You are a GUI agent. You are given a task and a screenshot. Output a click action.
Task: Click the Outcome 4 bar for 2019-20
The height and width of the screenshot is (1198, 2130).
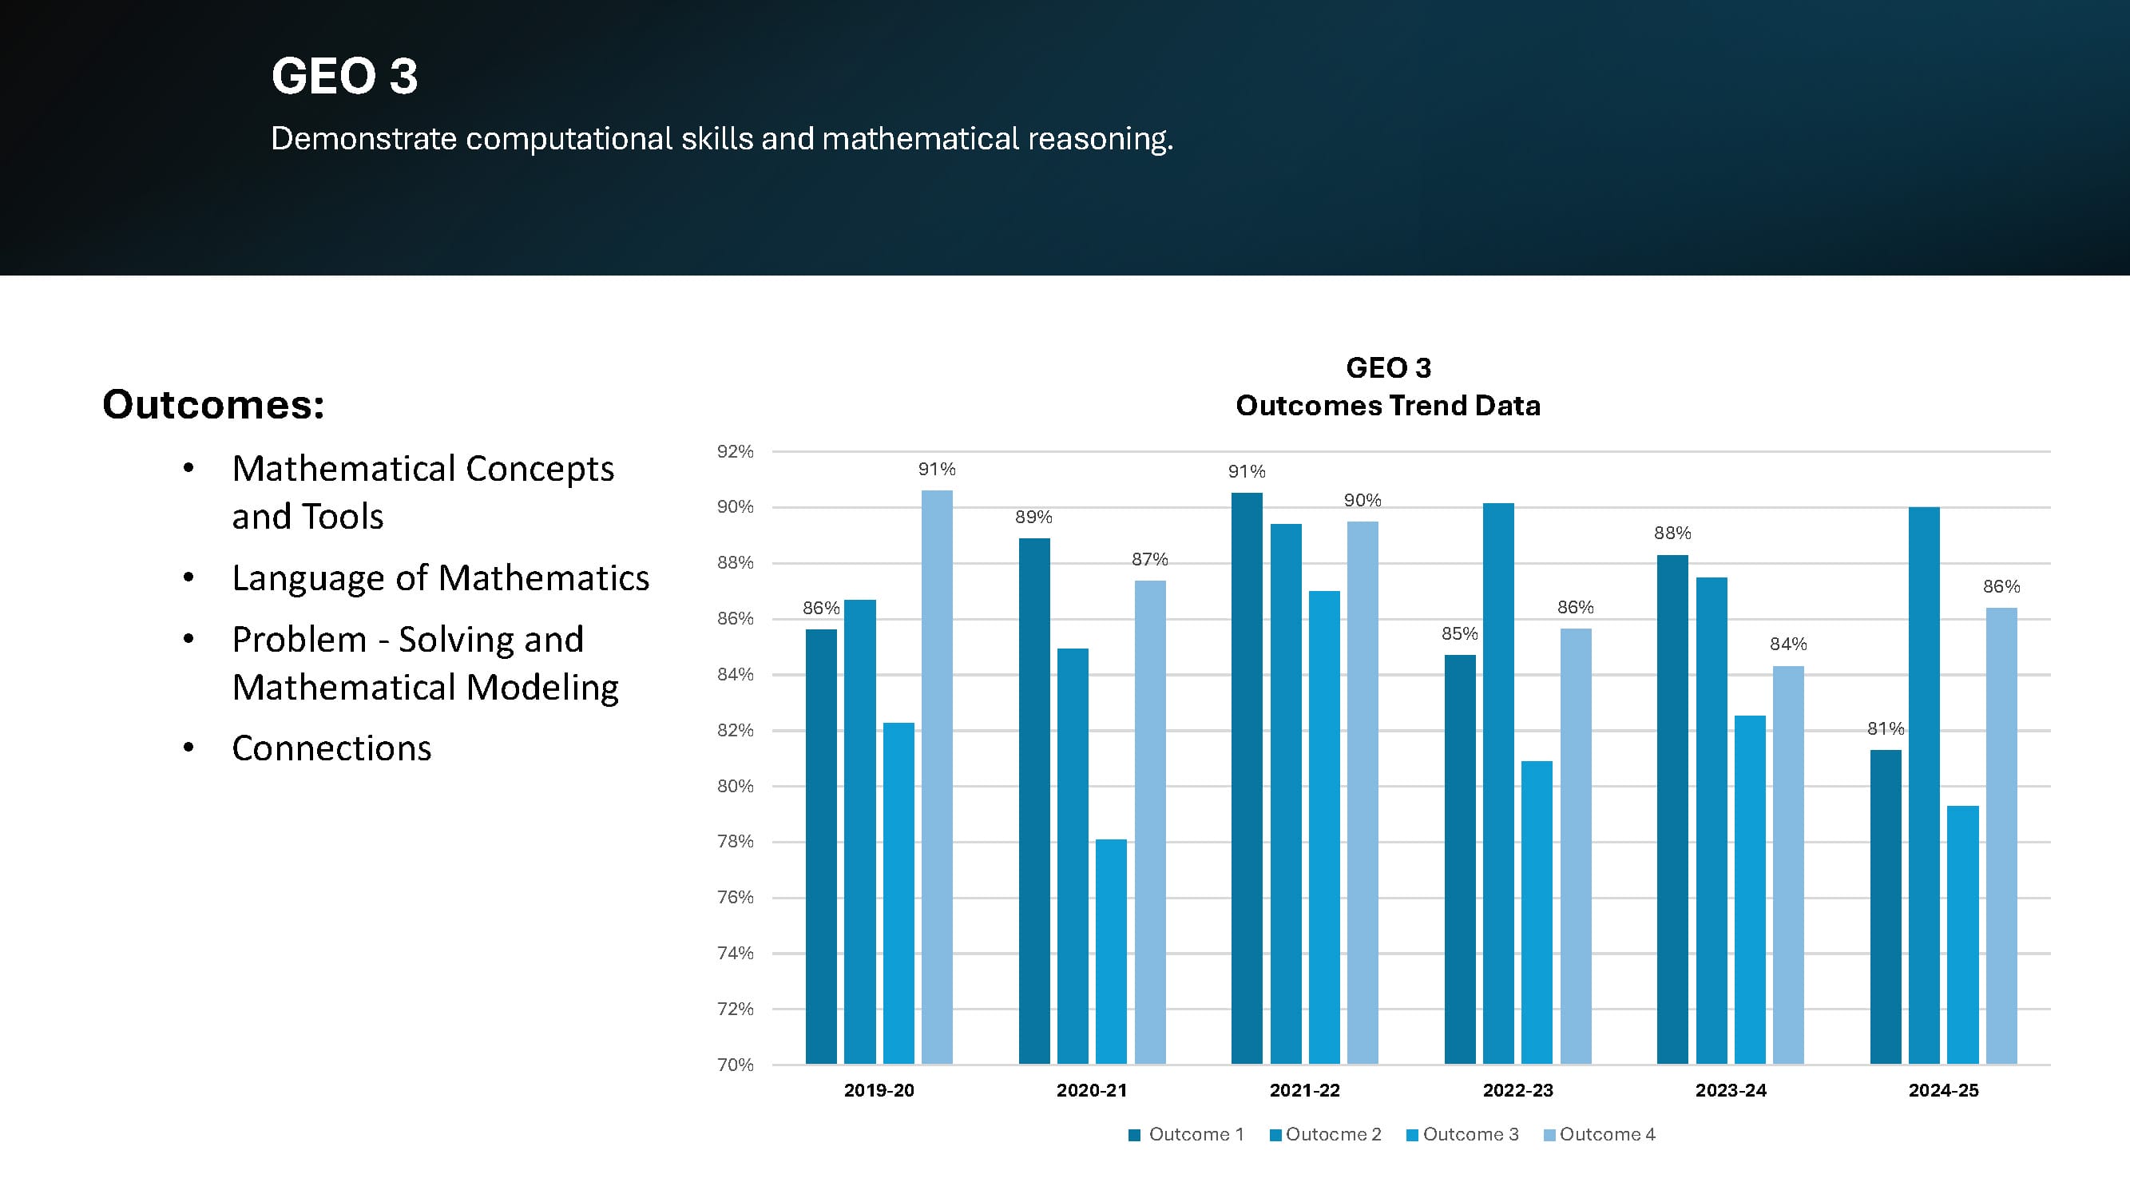point(937,777)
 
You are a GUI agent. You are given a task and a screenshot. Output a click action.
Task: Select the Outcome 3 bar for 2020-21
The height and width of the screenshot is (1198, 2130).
point(1110,950)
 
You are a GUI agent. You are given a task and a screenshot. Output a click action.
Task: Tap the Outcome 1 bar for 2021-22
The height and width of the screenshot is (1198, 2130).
point(1247,777)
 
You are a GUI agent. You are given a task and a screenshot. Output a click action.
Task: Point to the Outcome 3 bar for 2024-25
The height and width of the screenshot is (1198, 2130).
point(1963,934)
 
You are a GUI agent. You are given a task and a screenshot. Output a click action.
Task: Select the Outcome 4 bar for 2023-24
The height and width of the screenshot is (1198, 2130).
point(1787,865)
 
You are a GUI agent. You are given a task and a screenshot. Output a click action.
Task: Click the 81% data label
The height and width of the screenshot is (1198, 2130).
point(1886,728)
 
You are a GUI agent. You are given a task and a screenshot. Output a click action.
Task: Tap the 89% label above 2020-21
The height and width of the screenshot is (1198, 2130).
point(1033,517)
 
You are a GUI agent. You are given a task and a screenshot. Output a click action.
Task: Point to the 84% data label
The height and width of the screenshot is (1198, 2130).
point(1787,643)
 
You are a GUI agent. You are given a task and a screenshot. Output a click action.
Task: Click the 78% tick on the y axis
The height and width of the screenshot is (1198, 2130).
point(735,841)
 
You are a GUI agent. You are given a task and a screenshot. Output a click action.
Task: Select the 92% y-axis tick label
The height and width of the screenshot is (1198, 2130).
point(735,451)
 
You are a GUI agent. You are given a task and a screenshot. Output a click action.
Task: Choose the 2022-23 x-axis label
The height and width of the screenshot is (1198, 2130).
point(1517,1089)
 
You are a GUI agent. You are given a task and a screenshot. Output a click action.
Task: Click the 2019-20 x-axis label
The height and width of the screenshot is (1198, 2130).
point(879,1089)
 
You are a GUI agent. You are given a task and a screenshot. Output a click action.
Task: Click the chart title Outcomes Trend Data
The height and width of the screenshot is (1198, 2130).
point(1387,406)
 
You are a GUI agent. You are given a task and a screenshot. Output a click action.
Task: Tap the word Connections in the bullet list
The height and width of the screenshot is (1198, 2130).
point(331,748)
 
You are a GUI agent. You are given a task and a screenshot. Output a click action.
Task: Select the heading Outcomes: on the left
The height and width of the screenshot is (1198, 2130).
point(213,404)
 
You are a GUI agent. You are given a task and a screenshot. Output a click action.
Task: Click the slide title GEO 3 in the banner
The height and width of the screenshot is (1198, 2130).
point(344,76)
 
